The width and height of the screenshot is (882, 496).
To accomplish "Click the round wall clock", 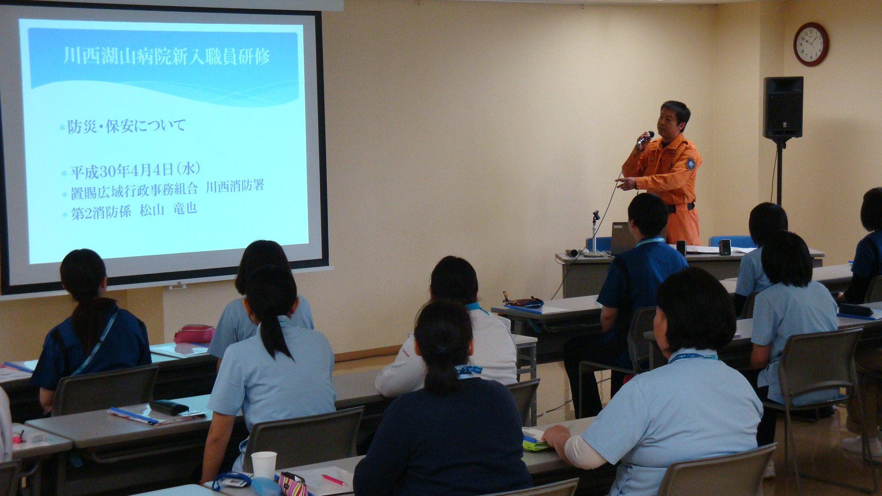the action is pos(811,45).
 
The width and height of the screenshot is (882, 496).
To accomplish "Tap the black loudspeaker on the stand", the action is pos(783,108).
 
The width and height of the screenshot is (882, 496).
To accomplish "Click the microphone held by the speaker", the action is pos(645,138).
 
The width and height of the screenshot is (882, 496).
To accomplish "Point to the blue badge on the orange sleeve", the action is pos(690,163).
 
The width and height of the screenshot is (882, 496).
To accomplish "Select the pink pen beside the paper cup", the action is pos(334,480).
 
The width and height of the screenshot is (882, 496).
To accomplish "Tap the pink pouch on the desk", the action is pos(194,334).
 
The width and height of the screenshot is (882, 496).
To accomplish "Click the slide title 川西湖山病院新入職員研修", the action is pos(166,56).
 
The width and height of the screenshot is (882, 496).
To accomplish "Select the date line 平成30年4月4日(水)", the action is pos(136,171).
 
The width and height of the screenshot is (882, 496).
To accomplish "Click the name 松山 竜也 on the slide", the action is pos(168,210).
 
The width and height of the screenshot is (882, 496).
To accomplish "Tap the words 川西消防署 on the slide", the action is pos(235,186).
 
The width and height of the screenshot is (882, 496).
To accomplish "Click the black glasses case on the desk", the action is pos(170,407).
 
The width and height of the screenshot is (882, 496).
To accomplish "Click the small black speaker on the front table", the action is pos(725,247).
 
